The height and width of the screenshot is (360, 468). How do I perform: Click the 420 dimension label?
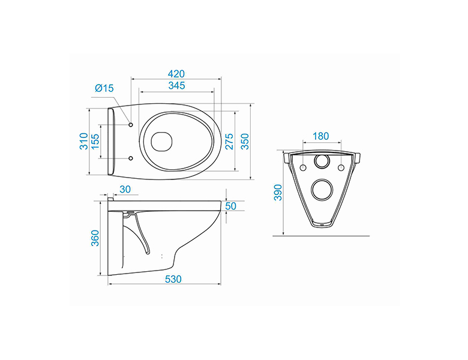pyautogui.click(x=176, y=74)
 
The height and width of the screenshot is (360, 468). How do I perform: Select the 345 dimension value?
pyautogui.click(x=176, y=86)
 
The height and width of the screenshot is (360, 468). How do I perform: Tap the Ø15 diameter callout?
pyautogui.click(x=104, y=88)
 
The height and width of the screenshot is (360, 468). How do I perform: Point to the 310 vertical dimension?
pyautogui.click(x=84, y=141)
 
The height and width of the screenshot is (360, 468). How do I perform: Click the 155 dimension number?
pyautogui.click(x=95, y=142)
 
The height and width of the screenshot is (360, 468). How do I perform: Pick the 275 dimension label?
pyautogui.click(x=229, y=142)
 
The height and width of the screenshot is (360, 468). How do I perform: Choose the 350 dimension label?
pyautogui.click(x=244, y=142)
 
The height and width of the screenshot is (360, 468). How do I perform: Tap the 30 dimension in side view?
pyautogui.click(x=125, y=189)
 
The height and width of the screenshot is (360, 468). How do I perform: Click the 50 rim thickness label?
pyautogui.click(x=231, y=206)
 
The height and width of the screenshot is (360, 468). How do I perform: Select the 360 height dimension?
pyautogui.click(x=95, y=238)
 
